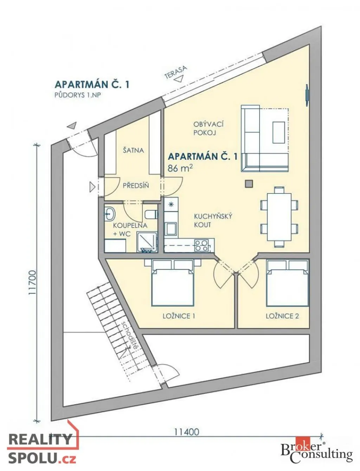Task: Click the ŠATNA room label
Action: pos(133,150)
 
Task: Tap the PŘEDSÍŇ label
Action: pos(136,185)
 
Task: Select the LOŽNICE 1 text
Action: pos(179,316)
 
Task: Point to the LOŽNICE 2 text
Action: pos(282,316)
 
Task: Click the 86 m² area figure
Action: pos(180,168)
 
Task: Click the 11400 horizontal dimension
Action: pos(186,432)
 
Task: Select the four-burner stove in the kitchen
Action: pos(201,245)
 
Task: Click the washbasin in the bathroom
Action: pos(110,214)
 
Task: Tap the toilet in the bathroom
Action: pos(152,214)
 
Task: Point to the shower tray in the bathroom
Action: pos(147,242)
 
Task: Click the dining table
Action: pos(279,217)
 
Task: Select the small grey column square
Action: pos(249,184)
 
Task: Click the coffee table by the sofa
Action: pos(279,132)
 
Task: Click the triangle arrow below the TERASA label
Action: pos(179,78)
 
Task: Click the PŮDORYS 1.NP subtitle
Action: pos(77,95)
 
